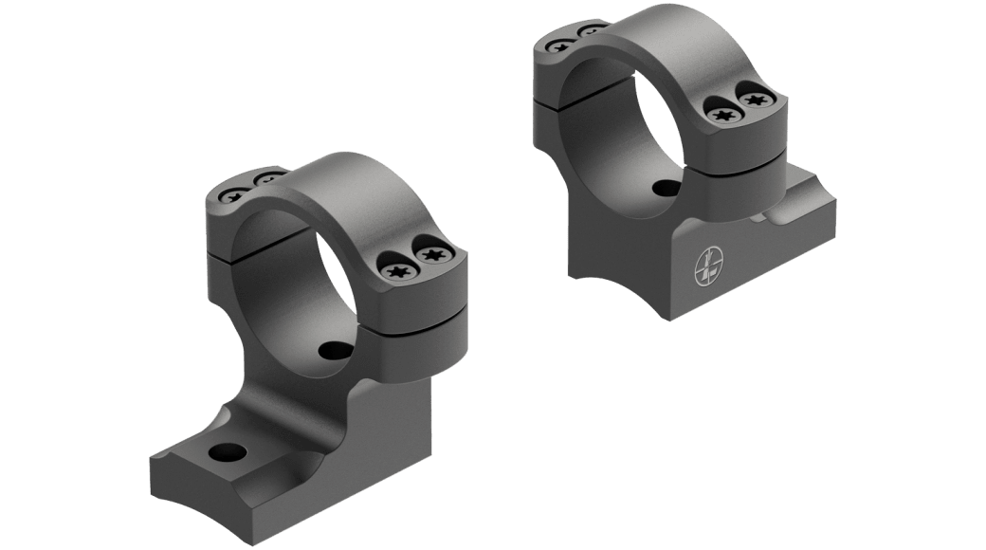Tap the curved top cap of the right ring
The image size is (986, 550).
(x=654, y=38)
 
